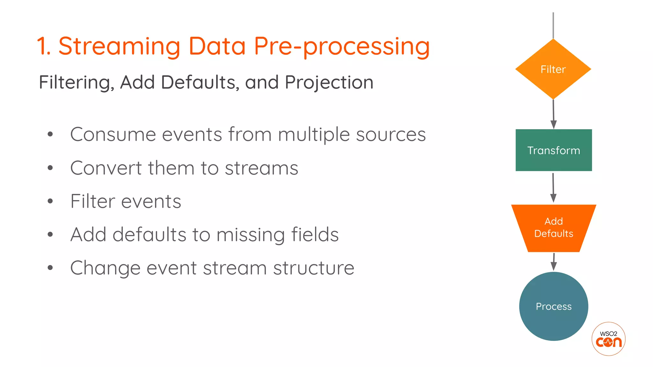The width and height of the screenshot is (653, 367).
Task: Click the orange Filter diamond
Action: click(x=553, y=69)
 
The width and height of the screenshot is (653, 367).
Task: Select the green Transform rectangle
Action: click(x=554, y=150)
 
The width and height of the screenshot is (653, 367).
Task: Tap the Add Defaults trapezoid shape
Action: click(x=554, y=228)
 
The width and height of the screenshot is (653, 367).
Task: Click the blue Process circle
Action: click(x=554, y=306)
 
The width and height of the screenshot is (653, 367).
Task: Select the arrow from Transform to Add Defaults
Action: click(x=553, y=188)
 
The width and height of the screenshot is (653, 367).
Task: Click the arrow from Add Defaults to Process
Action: click(x=554, y=262)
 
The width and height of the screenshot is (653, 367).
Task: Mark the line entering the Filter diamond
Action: click(x=553, y=25)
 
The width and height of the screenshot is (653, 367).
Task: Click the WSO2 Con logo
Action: click(x=608, y=339)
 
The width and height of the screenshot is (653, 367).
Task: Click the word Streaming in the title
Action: click(x=120, y=46)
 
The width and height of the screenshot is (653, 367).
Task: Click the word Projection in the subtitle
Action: click(x=329, y=83)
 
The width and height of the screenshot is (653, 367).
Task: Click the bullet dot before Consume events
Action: click(x=50, y=134)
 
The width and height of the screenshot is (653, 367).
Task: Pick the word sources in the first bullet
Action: click(x=391, y=134)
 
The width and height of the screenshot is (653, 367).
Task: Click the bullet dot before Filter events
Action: click(x=50, y=201)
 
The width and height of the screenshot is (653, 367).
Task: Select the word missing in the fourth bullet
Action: click(x=251, y=235)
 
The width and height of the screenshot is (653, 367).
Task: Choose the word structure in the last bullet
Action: click(x=314, y=268)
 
